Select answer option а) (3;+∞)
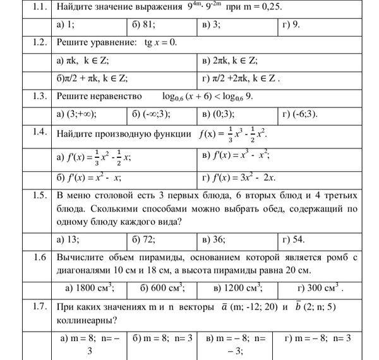(76, 114)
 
